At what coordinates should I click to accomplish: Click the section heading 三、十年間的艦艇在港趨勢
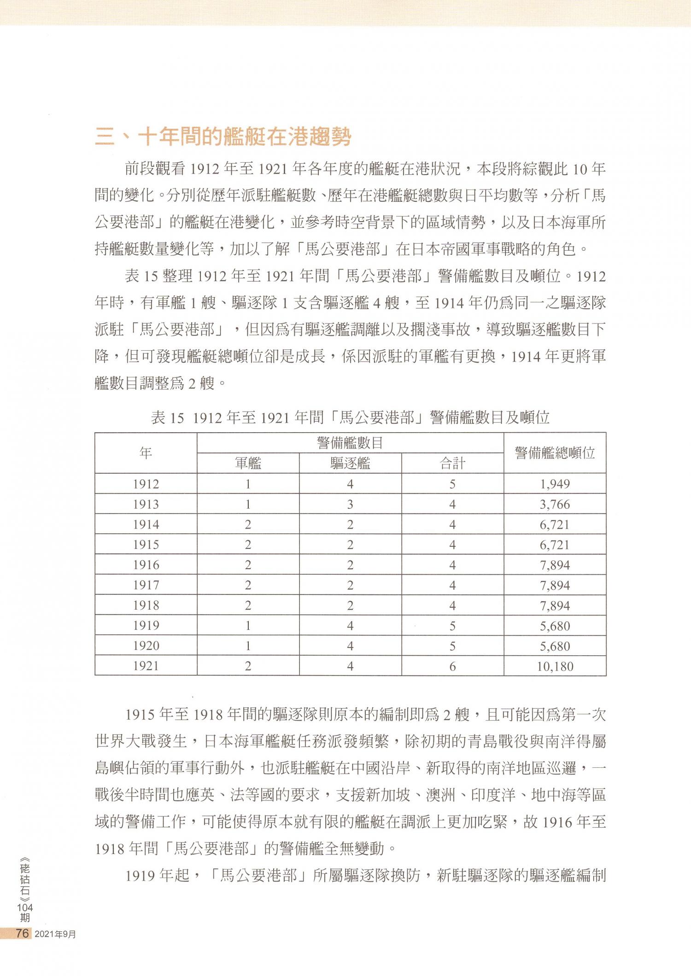(223, 137)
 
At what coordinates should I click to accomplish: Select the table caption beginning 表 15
(350, 417)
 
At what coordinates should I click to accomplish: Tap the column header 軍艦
(248, 463)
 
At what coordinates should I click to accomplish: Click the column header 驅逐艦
(350, 463)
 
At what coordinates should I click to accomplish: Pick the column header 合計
(452, 463)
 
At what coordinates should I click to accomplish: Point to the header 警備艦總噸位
(555, 453)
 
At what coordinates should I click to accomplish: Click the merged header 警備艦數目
(350, 443)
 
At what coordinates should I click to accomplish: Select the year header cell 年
(146, 453)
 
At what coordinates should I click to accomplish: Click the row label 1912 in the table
(146, 484)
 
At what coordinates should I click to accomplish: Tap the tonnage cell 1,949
(555, 484)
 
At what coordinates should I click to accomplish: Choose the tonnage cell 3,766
(555, 504)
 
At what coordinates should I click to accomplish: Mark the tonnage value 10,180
(555, 666)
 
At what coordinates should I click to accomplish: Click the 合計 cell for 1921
(452, 666)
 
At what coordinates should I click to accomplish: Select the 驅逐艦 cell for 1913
(350, 504)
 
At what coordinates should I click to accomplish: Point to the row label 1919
(146, 626)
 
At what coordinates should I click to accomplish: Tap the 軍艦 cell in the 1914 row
(248, 524)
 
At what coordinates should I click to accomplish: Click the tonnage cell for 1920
(555, 646)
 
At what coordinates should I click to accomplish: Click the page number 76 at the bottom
(22, 933)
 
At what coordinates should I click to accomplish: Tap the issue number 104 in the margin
(25, 907)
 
